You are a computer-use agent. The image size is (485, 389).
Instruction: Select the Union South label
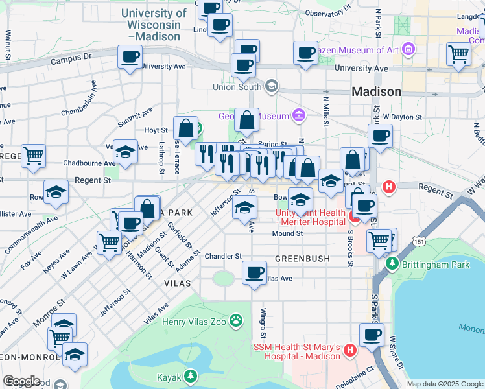[x=237, y=86]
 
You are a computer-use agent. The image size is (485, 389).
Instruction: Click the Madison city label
[x=376, y=92]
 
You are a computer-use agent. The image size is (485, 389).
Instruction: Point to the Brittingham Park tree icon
[x=392, y=264]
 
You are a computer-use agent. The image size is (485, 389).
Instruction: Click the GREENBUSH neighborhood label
[x=302, y=258]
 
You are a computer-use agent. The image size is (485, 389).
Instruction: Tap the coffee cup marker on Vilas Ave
[x=255, y=272]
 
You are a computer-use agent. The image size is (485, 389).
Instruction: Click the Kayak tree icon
[x=190, y=375]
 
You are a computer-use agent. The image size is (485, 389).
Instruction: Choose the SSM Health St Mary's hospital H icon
[x=350, y=351]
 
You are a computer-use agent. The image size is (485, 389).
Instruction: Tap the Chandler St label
[x=223, y=257]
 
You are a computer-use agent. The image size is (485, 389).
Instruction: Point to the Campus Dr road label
[x=73, y=58]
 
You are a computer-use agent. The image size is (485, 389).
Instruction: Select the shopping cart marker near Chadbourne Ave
[x=33, y=156]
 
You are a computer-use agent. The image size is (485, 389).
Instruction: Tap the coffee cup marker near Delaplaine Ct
[x=372, y=335]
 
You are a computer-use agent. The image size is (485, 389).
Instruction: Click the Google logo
[x=22, y=381]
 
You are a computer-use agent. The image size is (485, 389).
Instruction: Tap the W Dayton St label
[x=403, y=117]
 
